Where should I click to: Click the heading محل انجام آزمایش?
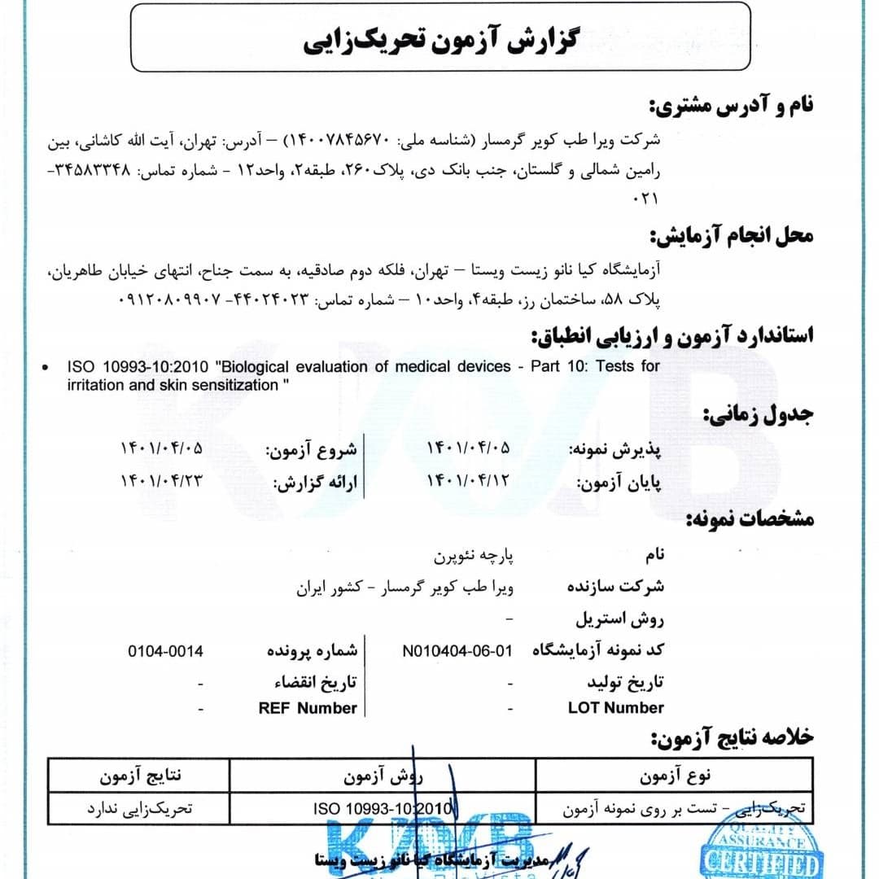[732, 236]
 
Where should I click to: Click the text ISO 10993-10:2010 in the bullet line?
[136, 367]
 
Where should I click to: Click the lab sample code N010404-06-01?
[458, 651]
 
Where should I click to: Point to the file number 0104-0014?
[165, 651]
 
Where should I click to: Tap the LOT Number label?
[616, 708]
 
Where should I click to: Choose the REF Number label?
[308, 708]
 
